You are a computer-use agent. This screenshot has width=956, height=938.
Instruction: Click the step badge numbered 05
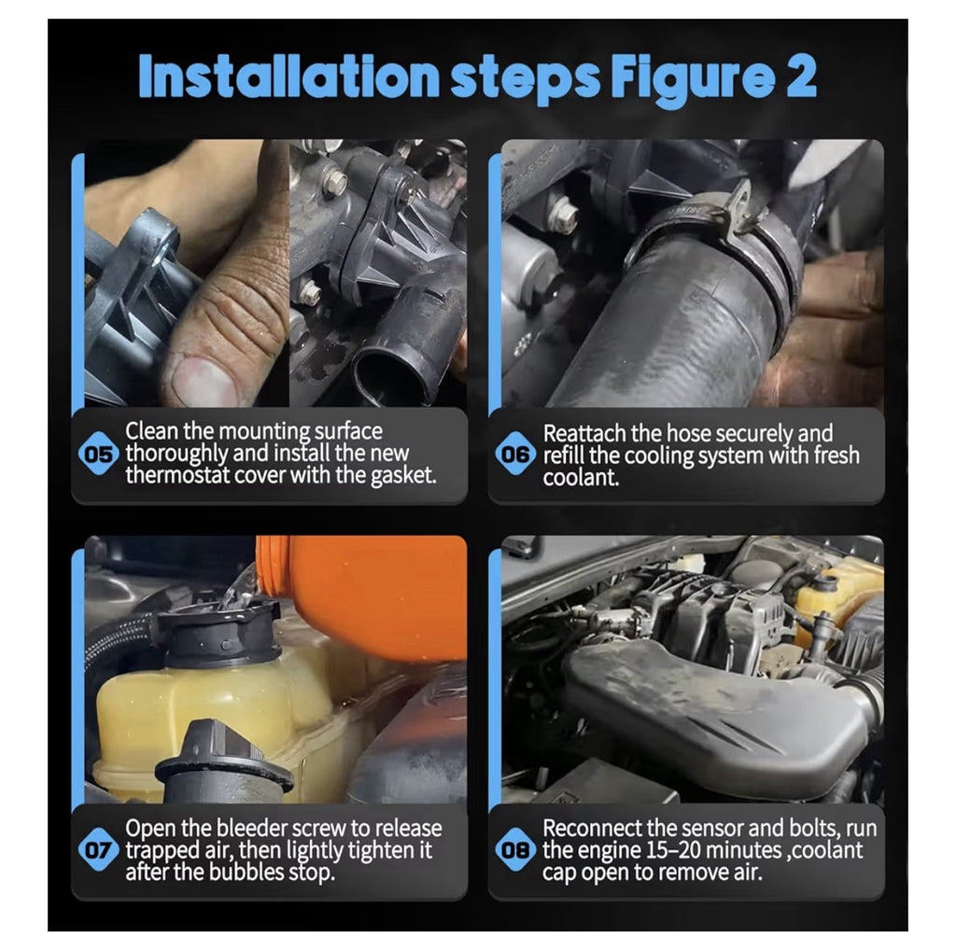coord(99,455)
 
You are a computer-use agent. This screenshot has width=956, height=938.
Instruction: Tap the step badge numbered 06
coord(515,455)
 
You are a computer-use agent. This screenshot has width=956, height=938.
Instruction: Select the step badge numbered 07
coord(99,849)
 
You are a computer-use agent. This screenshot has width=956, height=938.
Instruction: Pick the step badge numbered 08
coord(515,849)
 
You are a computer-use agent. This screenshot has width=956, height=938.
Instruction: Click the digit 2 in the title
coord(800,77)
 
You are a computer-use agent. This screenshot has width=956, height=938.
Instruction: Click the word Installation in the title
coord(289,77)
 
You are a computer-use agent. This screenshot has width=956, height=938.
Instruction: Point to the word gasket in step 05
coord(403,475)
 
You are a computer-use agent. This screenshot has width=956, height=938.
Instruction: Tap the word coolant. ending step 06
coord(581,477)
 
